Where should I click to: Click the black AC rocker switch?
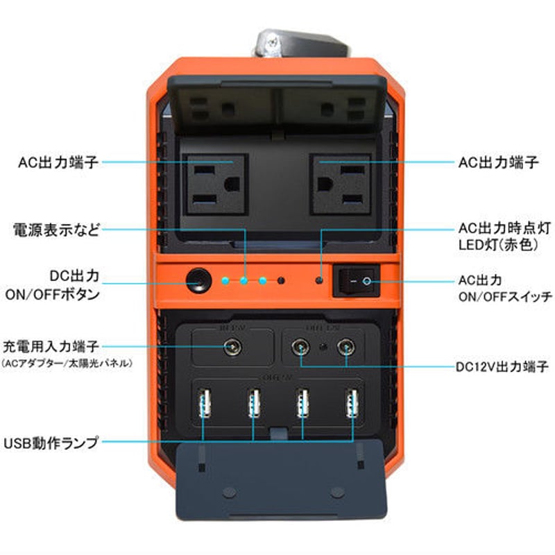coord(357,281)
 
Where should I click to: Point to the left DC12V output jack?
coord(302,345)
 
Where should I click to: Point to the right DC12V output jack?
coord(345,345)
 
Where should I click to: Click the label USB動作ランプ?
coord(51,441)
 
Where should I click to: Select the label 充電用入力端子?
coord(51,345)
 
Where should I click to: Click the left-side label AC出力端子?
coord(59,162)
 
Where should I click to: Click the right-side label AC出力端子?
coord(499,162)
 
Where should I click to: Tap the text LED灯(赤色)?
coord(498,245)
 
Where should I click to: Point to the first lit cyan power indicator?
coord(225,281)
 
